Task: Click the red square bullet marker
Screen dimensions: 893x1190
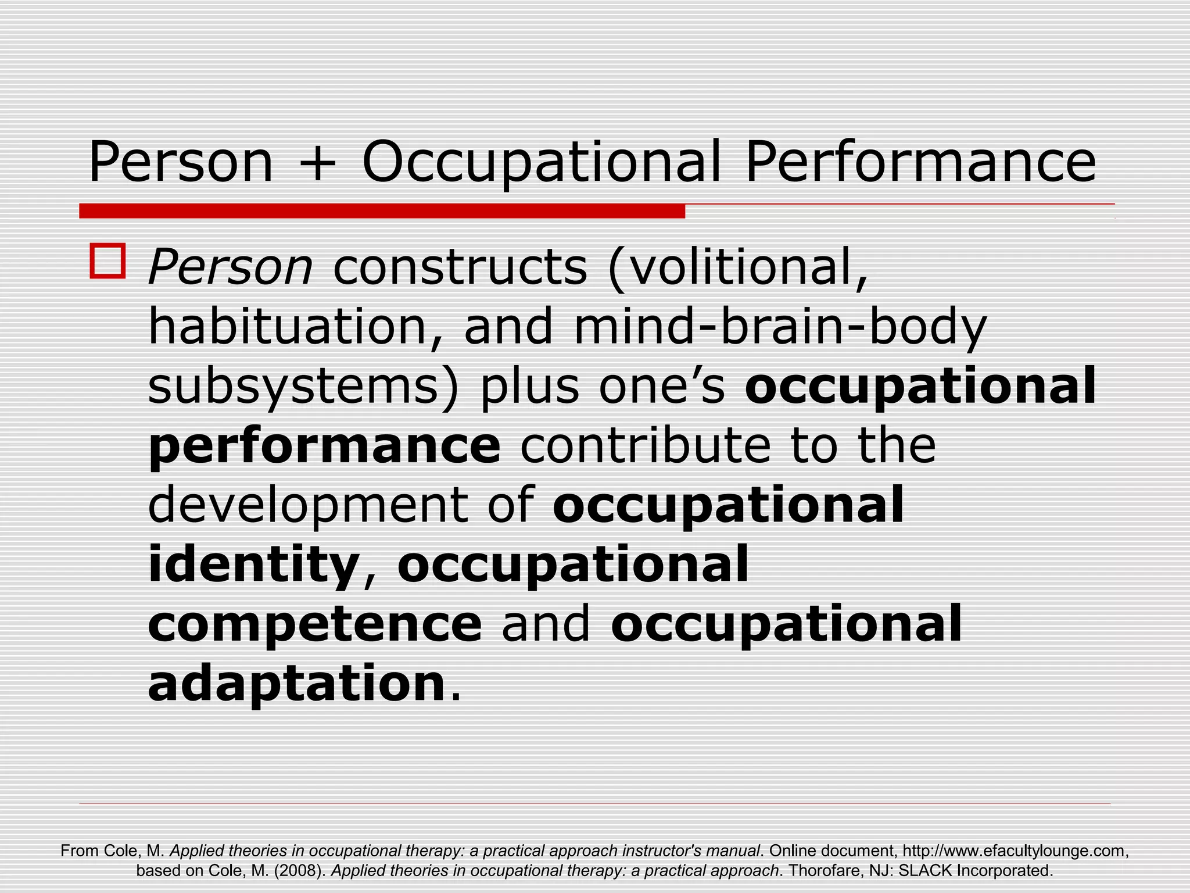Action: point(107,262)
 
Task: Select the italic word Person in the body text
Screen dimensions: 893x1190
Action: point(231,268)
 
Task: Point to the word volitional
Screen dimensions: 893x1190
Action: point(738,268)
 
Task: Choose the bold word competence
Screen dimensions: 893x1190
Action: point(315,624)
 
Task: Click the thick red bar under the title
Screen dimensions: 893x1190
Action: point(382,211)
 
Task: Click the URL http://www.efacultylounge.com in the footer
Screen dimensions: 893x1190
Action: point(1015,851)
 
